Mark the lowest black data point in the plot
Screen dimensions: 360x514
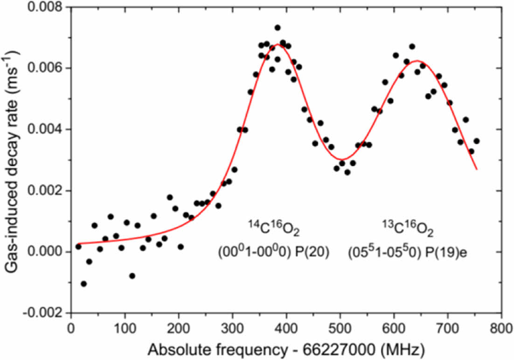point(83,284)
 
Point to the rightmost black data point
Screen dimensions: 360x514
point(476,141)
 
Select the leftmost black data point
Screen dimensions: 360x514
point(78,246)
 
